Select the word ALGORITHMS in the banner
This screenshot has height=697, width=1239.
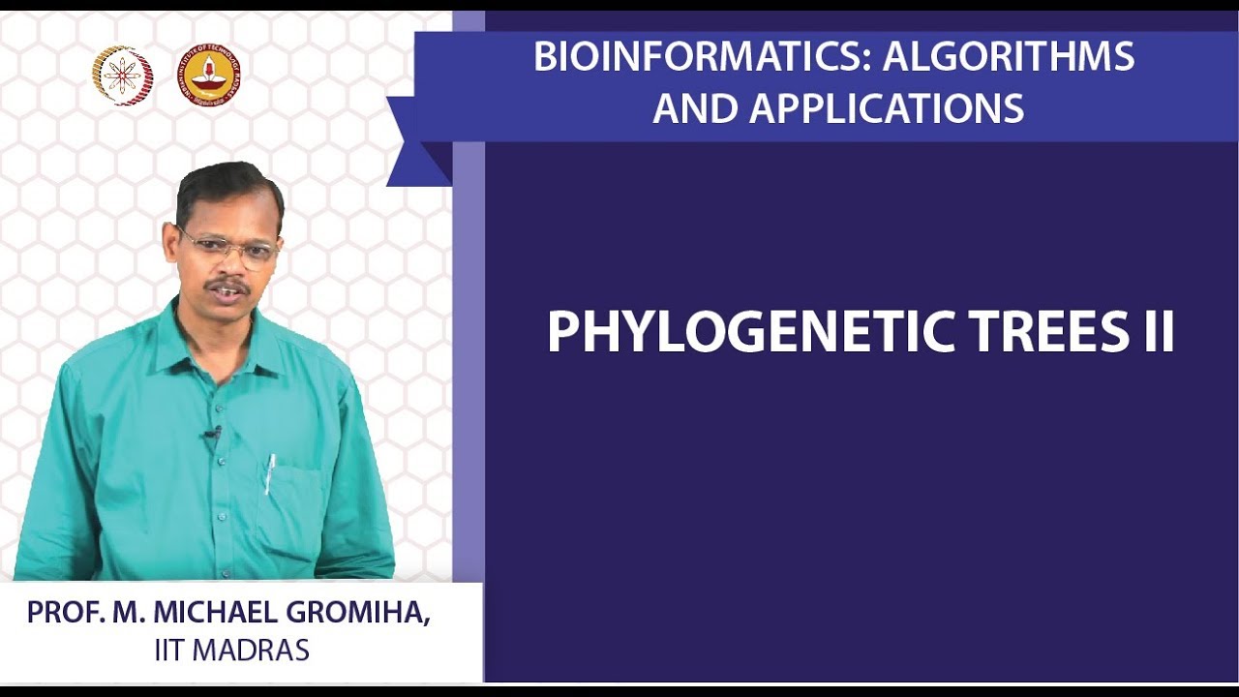[1009, 56]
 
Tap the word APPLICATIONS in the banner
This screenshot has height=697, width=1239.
[887, 107]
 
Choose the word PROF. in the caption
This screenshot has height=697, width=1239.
[66, 613]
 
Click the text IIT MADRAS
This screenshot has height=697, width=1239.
[231, 650]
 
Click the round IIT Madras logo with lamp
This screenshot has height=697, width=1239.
[208, 76]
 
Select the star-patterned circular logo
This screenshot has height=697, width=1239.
[123, 76]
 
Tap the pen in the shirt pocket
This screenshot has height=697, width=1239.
[270, 473]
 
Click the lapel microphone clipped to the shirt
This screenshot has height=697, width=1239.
[213, 435]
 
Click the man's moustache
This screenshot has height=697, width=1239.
[227, 286]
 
